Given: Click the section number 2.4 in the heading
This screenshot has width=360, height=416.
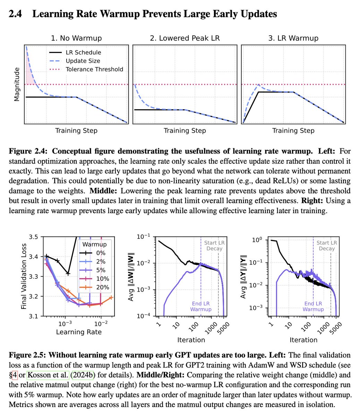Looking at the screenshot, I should (15, 14).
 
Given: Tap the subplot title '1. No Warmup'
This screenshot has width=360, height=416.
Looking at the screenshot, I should (76, 38).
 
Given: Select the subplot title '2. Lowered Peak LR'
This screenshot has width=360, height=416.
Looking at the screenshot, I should (185, 38).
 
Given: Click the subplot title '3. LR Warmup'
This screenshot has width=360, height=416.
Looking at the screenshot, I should (293, 38).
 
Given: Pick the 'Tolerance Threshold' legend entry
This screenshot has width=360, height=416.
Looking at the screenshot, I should (94, 69).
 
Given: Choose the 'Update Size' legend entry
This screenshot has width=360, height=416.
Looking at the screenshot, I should (83, 61).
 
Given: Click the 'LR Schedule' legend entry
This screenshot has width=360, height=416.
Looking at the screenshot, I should (83, 53).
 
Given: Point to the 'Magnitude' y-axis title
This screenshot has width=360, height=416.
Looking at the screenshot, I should (17, 84).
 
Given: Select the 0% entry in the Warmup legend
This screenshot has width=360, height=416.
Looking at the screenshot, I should (101, 253).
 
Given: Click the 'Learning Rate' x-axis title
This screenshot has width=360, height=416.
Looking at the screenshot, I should (79, 332).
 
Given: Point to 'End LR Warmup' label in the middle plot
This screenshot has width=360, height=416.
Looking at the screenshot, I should (201, 306).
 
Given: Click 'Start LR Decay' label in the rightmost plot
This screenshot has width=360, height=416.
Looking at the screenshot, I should (326, 245).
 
